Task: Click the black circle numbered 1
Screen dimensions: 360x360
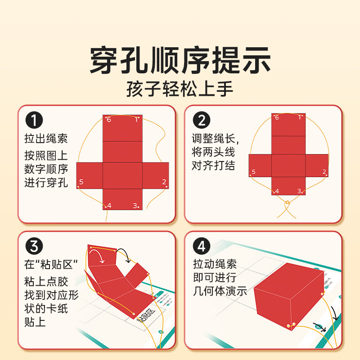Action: coord(34,121)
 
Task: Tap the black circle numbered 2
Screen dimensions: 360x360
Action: coord(202,121)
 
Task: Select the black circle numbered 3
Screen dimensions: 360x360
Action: coord(34,247)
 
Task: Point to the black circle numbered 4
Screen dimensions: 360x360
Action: coord(202,247)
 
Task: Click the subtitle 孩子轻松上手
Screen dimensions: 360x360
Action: coord(180,89)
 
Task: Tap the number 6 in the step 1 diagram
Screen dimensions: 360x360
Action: coord(108,120)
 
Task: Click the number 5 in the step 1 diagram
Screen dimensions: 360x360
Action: coord(81,182)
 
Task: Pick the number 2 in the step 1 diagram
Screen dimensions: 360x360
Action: coord(164,182)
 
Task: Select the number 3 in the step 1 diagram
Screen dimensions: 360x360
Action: coord(135,206)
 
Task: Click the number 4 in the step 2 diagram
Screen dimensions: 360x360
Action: coord(277,191)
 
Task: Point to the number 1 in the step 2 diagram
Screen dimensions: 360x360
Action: coord(300,117)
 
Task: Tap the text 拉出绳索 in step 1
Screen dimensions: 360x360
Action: coord(45,138)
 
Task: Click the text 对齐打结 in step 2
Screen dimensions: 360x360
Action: coord(213,165)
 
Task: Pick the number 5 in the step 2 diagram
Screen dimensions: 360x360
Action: coord(253,172)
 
